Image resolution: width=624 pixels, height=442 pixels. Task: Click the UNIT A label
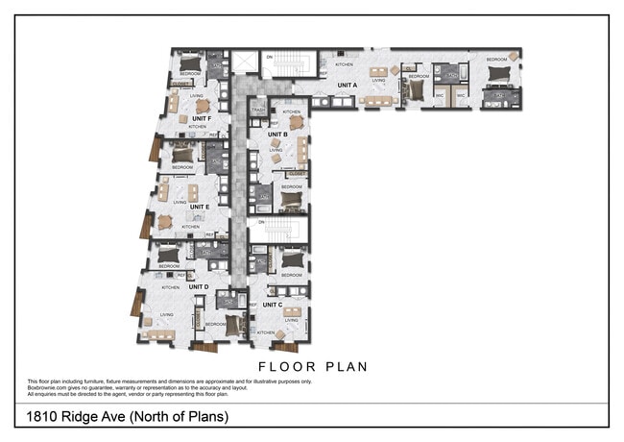347,85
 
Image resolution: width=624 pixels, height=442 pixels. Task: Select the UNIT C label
272,305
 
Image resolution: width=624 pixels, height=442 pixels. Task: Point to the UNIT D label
200,286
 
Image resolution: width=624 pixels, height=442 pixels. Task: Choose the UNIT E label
199,207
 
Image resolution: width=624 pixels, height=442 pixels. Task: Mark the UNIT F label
201,117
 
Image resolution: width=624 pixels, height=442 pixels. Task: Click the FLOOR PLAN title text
313,366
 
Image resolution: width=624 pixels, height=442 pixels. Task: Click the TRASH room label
257,110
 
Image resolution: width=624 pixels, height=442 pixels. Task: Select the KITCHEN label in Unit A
343,64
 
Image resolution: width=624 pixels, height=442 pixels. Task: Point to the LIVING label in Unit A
378,81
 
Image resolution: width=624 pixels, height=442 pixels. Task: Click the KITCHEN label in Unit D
170,287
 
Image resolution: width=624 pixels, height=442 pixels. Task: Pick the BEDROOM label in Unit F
190,74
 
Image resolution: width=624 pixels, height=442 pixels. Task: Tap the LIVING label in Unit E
180,202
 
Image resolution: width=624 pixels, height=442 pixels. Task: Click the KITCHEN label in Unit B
292,111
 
